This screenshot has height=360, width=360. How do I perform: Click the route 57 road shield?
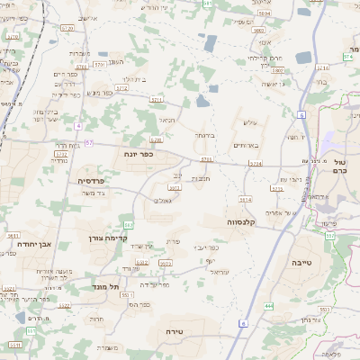pyautogui.click(x=89, y=143)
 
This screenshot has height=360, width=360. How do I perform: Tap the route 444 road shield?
pyautogui.click(x=269, y=306)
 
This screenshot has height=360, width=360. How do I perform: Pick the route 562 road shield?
pyautogui.click(x=129, y=224)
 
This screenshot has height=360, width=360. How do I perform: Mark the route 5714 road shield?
pyautogui.click(x=256, y=164)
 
